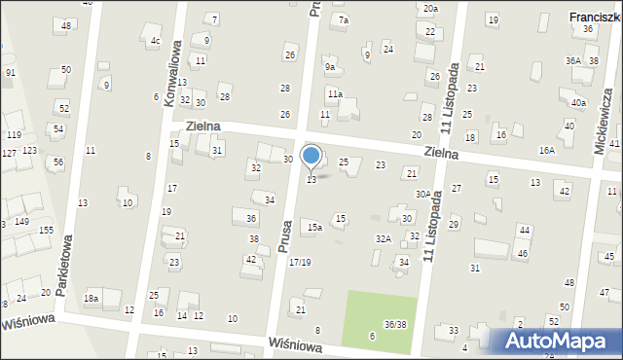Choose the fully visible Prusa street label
286,234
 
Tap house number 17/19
300,263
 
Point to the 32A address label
384,238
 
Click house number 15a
313,227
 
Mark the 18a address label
92,299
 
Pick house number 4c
155,41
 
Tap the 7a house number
343,19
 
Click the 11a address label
334,94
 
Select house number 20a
430,9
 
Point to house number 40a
579,102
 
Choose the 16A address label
547,150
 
